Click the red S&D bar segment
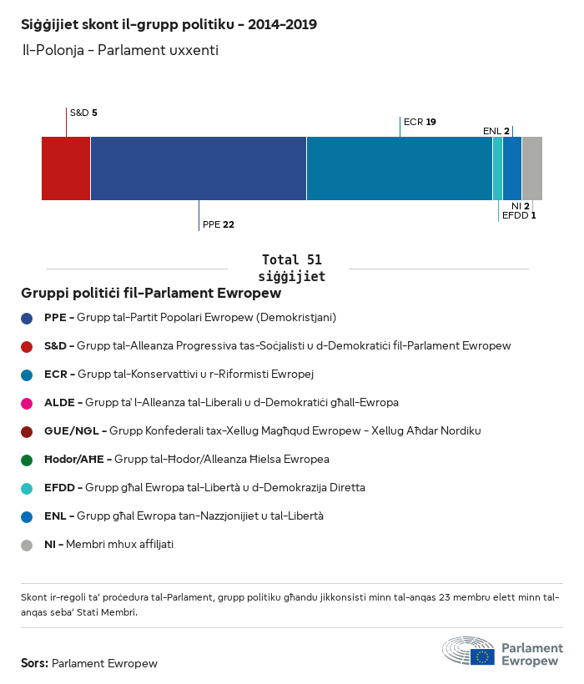pos(66,168)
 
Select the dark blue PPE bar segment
pos(199,168)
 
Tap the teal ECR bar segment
pos(400,168)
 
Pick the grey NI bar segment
pos(531,168)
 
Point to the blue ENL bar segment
pos(512,168)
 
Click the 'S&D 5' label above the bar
pos(83,112)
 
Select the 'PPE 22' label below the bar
pos(218,224)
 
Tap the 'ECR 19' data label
pos(420,122)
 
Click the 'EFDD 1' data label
pos(518,215)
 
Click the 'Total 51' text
pos(291,259)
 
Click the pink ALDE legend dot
pos(28,403)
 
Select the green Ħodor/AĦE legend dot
pos(28,460)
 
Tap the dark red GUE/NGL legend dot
pos(28,431)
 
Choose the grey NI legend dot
pos(28,545)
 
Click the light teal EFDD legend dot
pos(28,488)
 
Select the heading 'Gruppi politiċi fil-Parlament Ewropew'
pos(151,294)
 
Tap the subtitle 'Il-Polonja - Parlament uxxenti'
pos(120,51)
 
